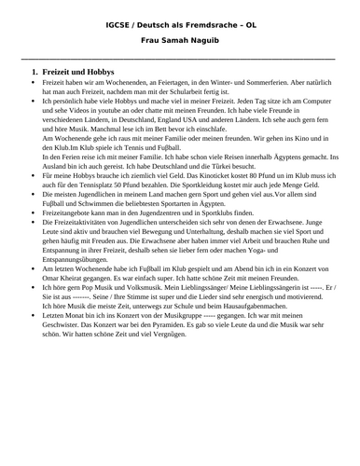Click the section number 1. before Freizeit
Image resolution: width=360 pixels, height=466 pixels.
35,73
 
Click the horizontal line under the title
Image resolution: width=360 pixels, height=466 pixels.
179,58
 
